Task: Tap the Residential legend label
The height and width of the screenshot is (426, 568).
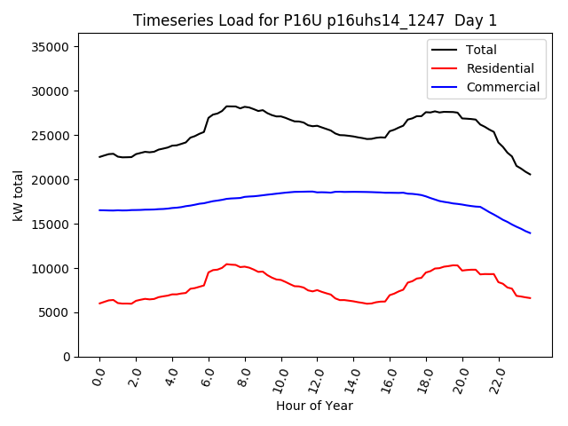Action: (x=500, y=68)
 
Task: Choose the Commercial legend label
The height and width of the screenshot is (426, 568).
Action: (x=502, y=87)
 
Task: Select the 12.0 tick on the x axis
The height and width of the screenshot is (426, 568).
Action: (x=315, y=378)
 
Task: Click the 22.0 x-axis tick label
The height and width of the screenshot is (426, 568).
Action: (x=497, y=378)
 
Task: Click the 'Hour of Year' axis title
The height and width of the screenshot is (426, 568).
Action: (x=314, y=406)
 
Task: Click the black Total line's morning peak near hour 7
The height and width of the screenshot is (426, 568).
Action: (x=229, y=106)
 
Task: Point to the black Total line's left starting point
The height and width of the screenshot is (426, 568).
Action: (x=99, y=157)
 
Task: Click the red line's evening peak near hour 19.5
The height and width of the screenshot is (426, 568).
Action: (x=455, y=264)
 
